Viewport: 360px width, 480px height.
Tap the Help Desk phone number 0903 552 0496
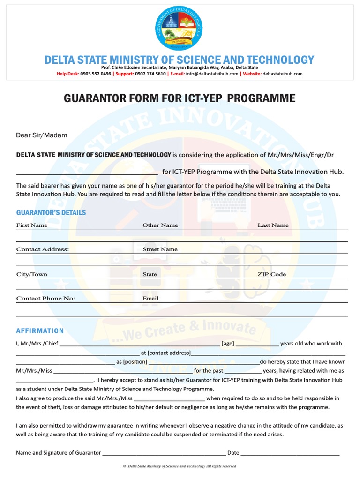[x=96, y=74]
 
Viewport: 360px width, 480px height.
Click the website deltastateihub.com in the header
[x=283, y=74]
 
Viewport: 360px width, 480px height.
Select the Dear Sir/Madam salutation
[x=42, y=135]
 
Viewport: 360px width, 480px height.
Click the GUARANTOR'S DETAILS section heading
[x=51, y=212]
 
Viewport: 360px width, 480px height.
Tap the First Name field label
[x=32, y=225]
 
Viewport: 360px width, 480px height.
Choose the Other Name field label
[x=160, y=225]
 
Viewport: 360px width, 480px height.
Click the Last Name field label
[x=273, y=225]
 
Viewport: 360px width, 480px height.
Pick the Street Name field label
[x=160, y=249]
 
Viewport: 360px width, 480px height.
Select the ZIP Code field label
[x=271, y=274]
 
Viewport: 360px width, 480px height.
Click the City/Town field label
[x=32, y=274]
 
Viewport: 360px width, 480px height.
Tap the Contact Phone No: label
[x=45, y=298]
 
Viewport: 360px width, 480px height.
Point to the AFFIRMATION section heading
[x=40, y=330]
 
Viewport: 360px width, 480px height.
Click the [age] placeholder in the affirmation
[x=228, y=344]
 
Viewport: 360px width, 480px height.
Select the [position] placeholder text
[x=135, y=362]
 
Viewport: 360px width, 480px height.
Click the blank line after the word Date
[x=290, y=453]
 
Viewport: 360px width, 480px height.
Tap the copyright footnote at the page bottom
[x=179, y=466]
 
